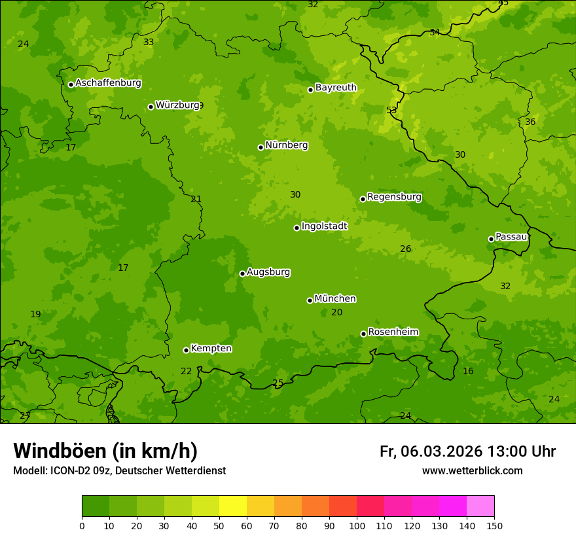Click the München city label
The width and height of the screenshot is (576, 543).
tap(335, 299)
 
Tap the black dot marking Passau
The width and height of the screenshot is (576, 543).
tap(491, 239)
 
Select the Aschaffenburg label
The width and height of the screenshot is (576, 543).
tap(108, 83)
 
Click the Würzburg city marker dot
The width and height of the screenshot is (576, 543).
tap(151, 107)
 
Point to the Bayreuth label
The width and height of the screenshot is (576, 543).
tap(336, 88)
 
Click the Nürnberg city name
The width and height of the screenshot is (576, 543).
tap(286, 145)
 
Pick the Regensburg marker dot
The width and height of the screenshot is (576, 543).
tap(363, 199)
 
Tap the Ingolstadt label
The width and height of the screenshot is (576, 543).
tap(324, 226)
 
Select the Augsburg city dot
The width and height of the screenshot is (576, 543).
tap(242, 273)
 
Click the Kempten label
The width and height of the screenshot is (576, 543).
tap(211, 349)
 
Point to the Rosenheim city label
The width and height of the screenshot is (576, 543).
tap(393, 332)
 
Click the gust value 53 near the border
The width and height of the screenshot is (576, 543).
tap(391, 110)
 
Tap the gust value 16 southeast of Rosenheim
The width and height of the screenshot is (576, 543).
tap(468, 371)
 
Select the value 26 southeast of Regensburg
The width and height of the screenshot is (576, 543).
tap(406, 249)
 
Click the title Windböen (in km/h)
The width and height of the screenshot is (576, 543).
tap(105, 451)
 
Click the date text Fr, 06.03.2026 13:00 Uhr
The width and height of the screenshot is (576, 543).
tap(467, 451)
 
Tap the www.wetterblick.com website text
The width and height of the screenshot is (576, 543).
tap(472, 470)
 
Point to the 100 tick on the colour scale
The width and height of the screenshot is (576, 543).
tap(357, 525)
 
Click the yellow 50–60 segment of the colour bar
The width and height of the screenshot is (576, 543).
tap(233, 506)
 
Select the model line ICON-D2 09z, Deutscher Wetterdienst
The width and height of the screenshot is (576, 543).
tap(119, 470)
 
